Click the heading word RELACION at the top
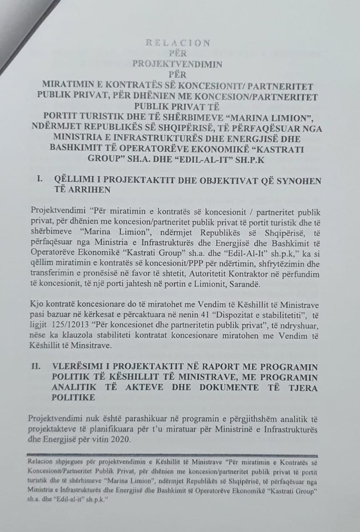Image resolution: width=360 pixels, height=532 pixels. click(x=178, y=43)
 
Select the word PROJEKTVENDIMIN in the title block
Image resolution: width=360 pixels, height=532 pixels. click(x=178, y=64)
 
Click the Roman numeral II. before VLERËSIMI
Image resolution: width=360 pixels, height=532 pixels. click(x=38, y=367)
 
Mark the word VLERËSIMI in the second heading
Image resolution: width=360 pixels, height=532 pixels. click(x=79, y=367)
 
